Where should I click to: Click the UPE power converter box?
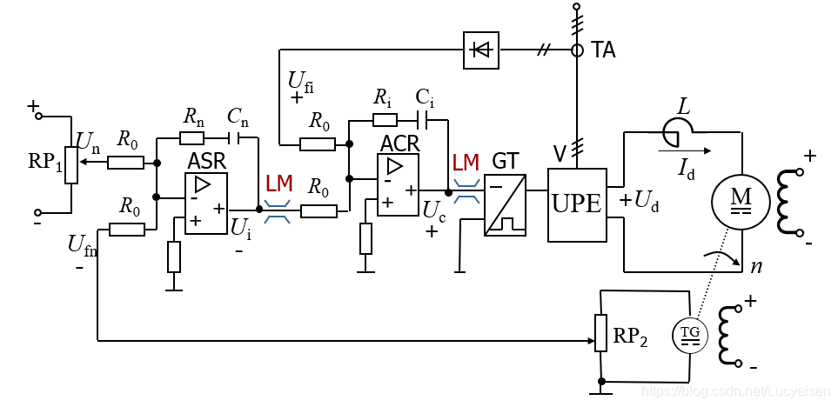point(578,205)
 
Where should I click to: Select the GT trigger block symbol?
point(506,205)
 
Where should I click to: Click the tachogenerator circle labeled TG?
point(689,335)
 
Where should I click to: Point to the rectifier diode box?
point(481,50)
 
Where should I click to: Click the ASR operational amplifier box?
point(205,203)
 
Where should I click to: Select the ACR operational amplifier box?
point(398,185)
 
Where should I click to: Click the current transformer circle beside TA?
point(577,50)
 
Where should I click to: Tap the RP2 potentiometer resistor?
point(601,333)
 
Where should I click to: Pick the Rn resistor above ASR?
point(191,138)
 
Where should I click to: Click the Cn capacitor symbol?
point(234,138)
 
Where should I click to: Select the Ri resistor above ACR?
point(385,119)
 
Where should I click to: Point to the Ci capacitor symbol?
point(426,120)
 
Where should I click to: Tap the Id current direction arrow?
point(685,151)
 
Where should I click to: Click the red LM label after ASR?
point(279,184)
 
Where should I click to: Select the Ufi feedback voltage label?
point(301,82)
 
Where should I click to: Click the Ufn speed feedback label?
point(83,245)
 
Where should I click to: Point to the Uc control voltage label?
point(432,210)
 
